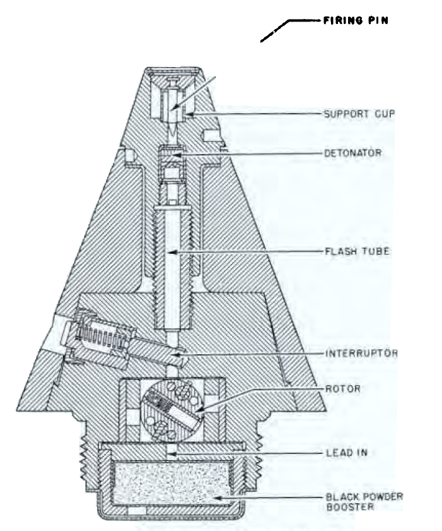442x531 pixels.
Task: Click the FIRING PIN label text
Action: coord(356,21)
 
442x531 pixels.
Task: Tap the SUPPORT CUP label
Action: coord(359,114)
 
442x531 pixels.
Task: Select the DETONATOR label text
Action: coord(352,153)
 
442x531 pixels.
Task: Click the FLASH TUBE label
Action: coord(357,251)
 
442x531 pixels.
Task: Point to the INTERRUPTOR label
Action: coord(361,354)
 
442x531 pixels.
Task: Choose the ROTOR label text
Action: coord(342,388)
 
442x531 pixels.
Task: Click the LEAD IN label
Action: coord(347,453)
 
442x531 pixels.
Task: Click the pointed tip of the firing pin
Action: coord(173,136)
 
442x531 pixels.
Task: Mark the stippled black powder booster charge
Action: coord(172,484)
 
